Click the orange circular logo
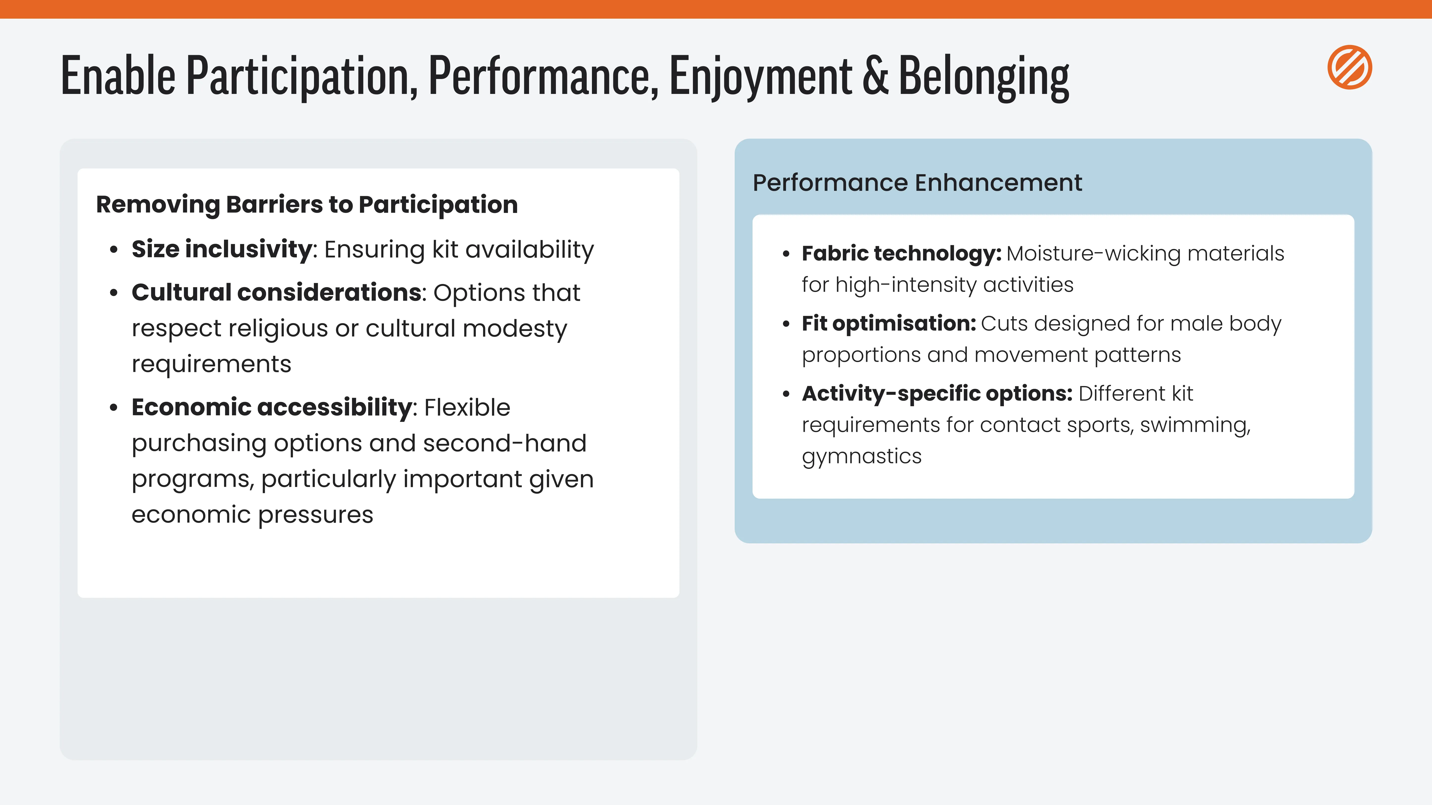click(x=1350, y=67)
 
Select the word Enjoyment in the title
click(x=761, y=78)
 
